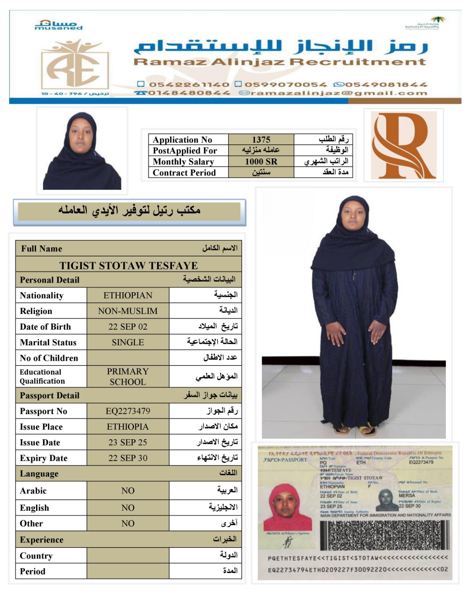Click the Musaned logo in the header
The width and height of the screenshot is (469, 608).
coord(58,25)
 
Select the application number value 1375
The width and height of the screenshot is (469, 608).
coord(261,139)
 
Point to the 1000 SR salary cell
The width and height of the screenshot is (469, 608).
coord(261,161)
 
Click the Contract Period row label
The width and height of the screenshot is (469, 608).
coord(184,173)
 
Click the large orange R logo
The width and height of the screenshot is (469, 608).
coord(403,145)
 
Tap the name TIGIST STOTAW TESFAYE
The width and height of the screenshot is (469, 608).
coord(128,265)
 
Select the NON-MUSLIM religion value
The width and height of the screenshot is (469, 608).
coord(128,311)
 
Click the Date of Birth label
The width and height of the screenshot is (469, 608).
coord(45,327)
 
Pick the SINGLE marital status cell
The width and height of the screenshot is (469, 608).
coord(128,342)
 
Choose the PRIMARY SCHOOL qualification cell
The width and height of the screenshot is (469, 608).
coord(128,377)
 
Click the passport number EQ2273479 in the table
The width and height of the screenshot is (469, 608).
coord(128,411)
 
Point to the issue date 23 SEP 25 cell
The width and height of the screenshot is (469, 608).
coord(128,442)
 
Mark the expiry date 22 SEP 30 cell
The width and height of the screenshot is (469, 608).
coord(128,458)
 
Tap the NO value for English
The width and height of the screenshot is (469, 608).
coord(128,508)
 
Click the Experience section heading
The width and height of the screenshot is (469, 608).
coord(42,540)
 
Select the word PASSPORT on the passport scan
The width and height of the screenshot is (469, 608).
coord(294,460)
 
